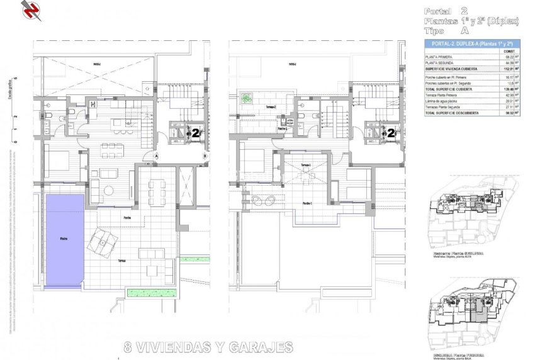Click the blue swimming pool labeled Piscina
64,239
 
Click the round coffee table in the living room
109,191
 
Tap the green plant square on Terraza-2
246,99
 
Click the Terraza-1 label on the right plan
305,165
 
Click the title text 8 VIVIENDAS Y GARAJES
208,347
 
